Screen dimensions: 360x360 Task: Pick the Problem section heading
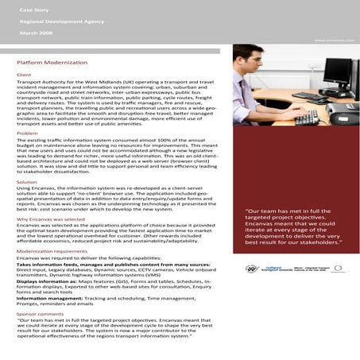[27, 134]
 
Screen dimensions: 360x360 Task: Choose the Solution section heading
[27, 182]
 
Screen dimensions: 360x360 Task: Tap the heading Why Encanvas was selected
[50, 218]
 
